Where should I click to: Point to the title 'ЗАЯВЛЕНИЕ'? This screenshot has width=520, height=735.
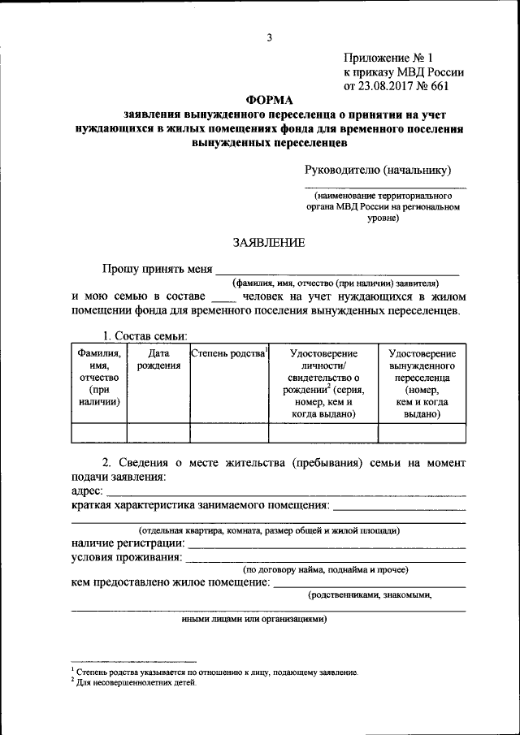(x=269, y=242)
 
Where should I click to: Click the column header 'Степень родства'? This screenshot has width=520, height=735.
(x=228, y=353)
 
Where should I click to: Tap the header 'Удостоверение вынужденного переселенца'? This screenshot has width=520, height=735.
(x=422, y=383)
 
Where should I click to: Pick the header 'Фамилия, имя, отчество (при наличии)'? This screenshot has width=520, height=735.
(x=99, y=377)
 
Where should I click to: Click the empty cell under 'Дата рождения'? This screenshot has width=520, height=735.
(x=158, y=433)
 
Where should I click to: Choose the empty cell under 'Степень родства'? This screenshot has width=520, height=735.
(x=228, y=433)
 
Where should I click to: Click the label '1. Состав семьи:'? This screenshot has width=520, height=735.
(x=145, y=335)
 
